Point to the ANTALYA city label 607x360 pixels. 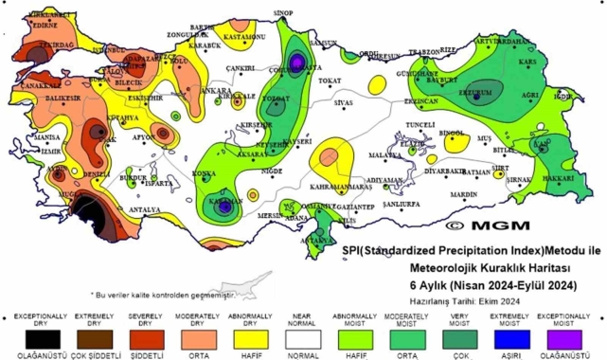(144, 208)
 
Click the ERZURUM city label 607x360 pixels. (474, 93)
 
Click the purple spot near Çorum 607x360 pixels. (297, 63)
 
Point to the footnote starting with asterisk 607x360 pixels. (161, 295)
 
